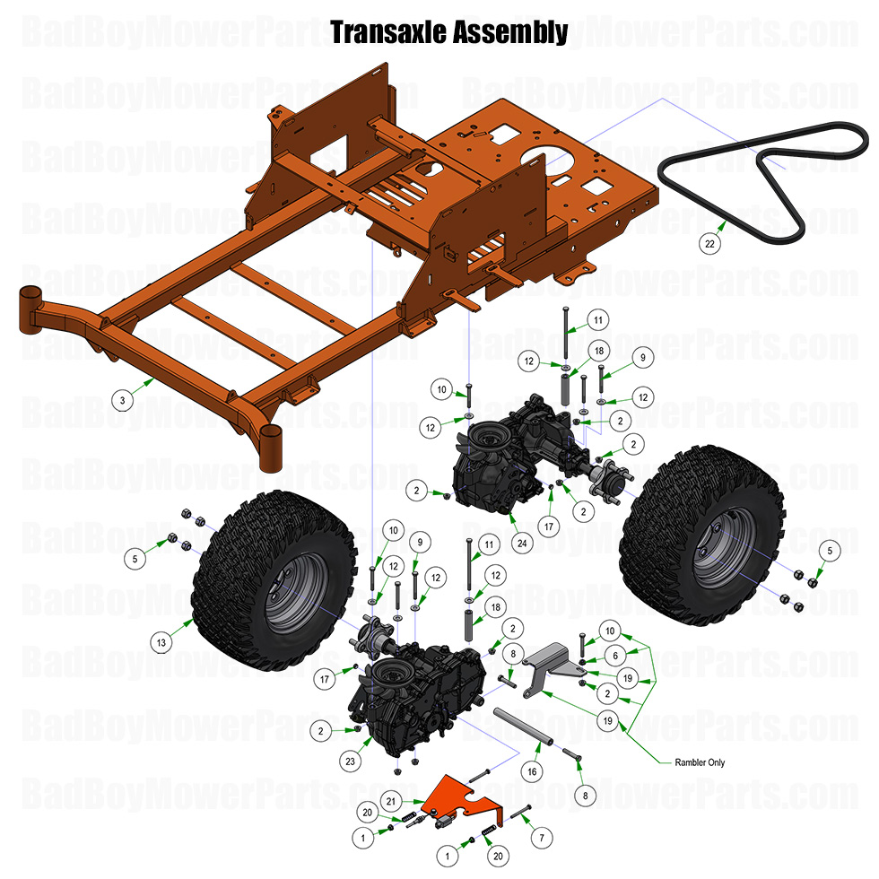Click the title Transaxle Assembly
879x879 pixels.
(448, 32)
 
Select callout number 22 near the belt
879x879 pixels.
(709, 242)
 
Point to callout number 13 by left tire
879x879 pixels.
(161, 642)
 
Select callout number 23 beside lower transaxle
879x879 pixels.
(350, 761)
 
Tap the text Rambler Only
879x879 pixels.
(701, 763)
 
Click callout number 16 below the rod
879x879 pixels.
(532, 770)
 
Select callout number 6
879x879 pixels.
(615, 656)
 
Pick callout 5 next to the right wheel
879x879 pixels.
(830, 550)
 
